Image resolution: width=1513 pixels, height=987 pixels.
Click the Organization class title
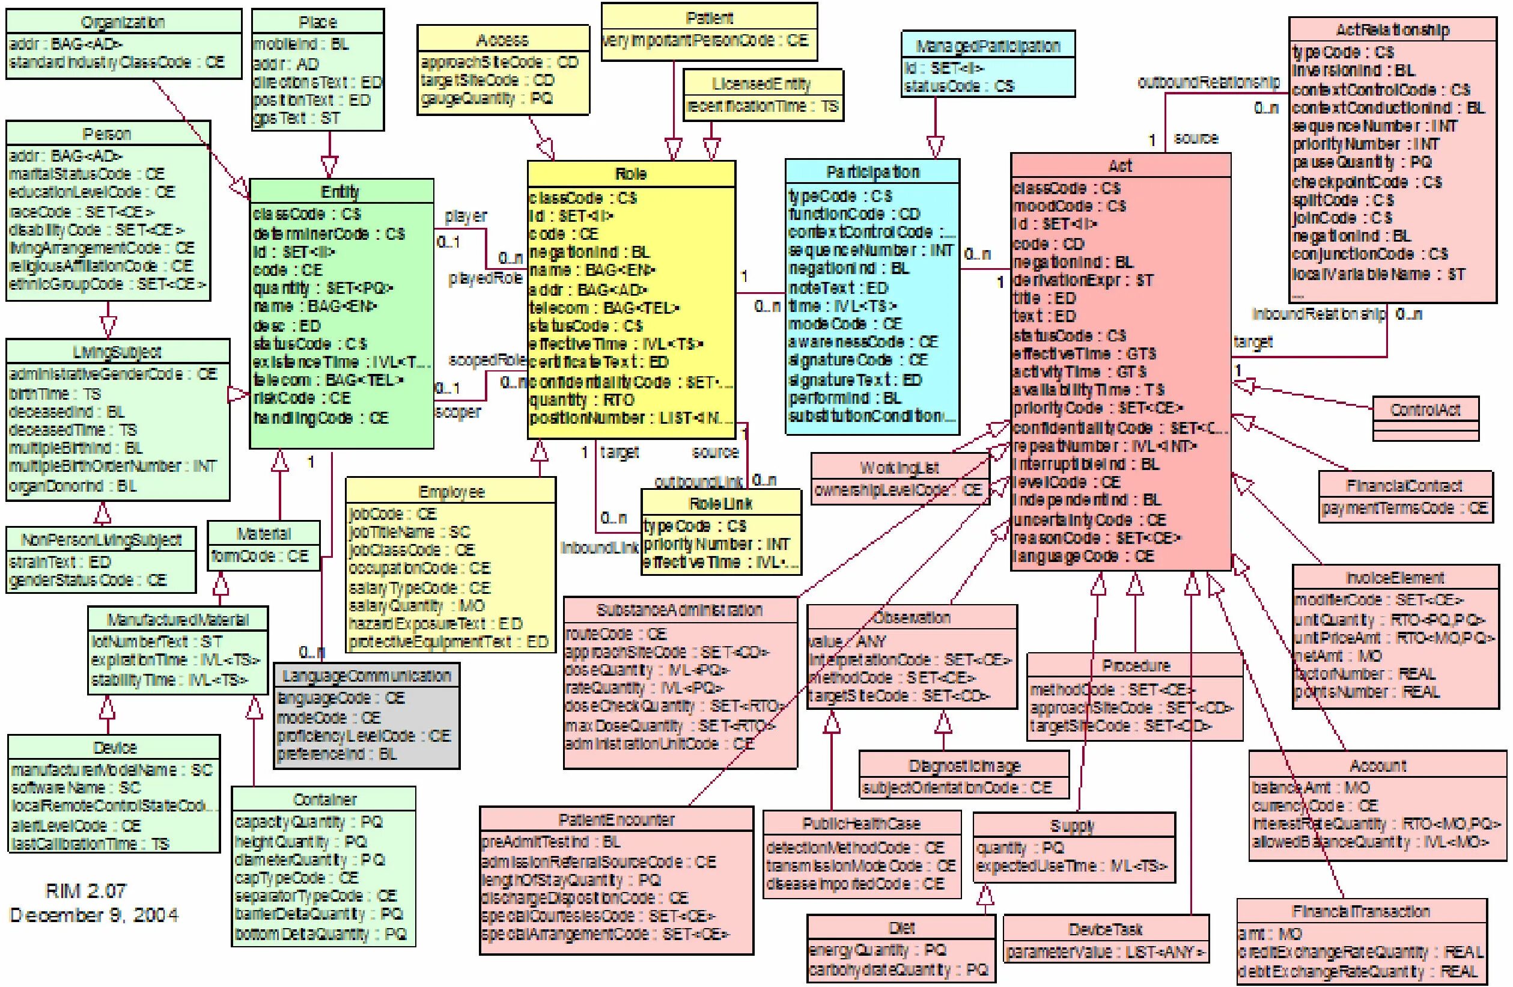(x=123, y=22)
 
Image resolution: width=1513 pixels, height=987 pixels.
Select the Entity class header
(x=340, y=191)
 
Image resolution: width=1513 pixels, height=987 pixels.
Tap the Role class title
(x=631, y=174)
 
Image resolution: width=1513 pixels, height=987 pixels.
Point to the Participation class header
(x=872, y=172)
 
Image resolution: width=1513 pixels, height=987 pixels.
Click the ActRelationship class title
(x=1392, y=30)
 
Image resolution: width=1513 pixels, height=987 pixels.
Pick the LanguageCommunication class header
(x=367, y=676)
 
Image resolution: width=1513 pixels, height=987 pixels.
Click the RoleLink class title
(x=721, y=504)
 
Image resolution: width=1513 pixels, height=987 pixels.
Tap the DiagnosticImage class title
(x=964, y=766)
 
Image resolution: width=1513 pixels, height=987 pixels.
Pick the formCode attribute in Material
(x=260, y=557)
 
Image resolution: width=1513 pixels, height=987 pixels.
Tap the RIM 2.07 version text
(x=86, y=890)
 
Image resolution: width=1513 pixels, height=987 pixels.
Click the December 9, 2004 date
(x=94, y=915)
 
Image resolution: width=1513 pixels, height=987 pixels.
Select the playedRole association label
(x=485, y=278)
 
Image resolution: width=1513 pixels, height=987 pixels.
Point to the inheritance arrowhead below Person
(x=108, y=326)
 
